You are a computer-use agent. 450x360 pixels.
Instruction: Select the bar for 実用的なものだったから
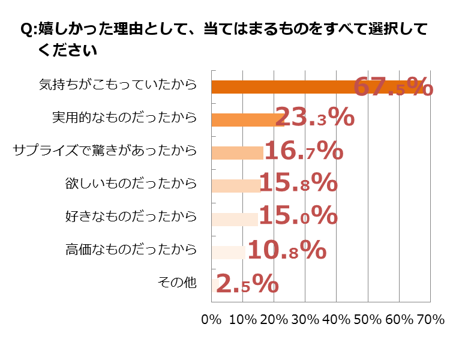tap(247, 119)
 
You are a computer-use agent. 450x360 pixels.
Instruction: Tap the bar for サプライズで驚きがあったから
tap(238, 152)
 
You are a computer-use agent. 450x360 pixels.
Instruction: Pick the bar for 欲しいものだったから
tap(236, 185)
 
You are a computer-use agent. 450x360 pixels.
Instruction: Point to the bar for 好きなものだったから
tap(235, 219)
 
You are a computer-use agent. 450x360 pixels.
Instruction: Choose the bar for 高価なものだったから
tap(229, 252)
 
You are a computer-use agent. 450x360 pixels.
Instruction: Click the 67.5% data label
tap(393, 87)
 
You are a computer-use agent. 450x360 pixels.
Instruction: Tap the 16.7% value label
tap(304, 151)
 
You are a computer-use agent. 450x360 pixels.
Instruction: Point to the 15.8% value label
tap(298, 183)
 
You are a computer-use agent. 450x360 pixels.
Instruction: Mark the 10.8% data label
tap(287, 250)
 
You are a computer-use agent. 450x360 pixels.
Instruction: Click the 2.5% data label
tap(247, 283)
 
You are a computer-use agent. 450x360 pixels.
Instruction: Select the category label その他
tap(177, 282)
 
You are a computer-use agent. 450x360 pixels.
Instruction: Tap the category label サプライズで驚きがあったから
tap(105, 151)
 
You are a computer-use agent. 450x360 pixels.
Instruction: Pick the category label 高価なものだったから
tap(131, 250)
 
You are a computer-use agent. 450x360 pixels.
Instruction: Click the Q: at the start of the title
tap(28, 30)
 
